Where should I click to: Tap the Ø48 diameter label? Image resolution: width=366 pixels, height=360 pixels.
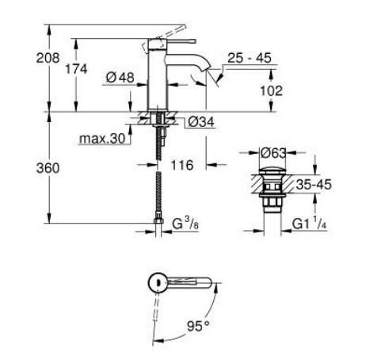[x=119, y=78]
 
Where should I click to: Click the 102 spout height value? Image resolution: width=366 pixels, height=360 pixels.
[x=272, y=90]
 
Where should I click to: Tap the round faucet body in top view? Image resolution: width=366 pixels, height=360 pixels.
[x=158, y=281]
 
